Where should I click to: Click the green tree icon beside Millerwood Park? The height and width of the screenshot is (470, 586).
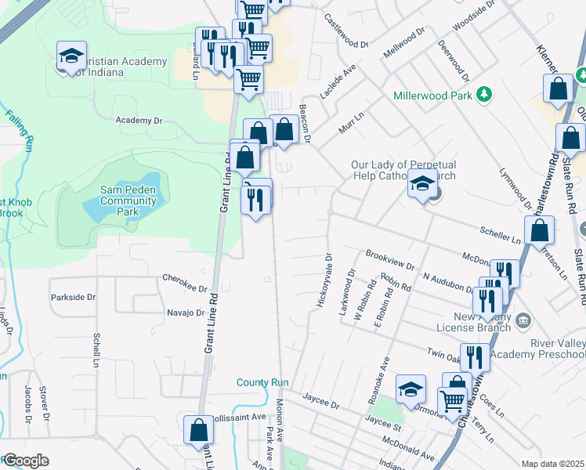(x=485, y=95)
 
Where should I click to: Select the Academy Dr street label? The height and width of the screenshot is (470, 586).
(x=138, y=121)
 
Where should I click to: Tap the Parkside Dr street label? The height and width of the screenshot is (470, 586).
(x=73, y=298)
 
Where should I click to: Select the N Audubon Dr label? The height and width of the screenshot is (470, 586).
(x=450, y=278)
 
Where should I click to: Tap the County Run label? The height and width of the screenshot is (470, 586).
(x=263, y=383)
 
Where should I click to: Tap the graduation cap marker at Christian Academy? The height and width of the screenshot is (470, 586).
(x=71, y=56)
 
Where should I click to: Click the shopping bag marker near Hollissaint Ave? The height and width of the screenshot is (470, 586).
(x=199, y=430)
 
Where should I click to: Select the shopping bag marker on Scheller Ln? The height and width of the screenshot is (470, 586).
(x=539, y=231)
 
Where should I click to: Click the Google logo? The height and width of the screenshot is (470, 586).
(x=25, y=461)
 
